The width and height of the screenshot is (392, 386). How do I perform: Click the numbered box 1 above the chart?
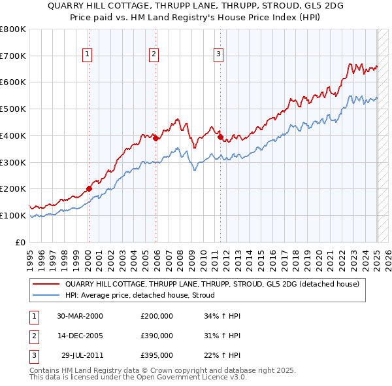[x=88, y=55]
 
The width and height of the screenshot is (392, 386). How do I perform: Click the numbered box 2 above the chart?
[x=154, y=55]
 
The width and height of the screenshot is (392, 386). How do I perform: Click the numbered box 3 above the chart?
[x=218, y=55]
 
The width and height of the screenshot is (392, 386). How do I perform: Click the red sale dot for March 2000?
[x=90, y=188]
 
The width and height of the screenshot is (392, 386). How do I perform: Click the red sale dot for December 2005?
[x=156, y=138]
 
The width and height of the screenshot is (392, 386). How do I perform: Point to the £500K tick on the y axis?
[x=13, y=109]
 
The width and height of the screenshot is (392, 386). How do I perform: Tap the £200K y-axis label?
[x=13, y=188]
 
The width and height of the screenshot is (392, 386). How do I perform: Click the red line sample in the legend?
[x=46, y=285]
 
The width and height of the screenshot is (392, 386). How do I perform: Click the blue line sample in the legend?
[x=46, y=295]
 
